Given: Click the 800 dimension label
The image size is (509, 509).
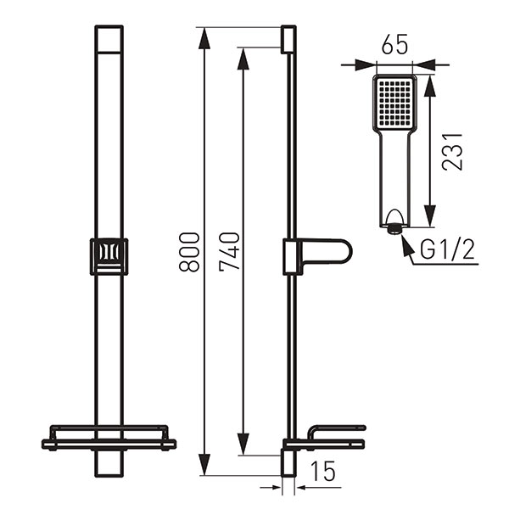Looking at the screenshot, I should [193, 251].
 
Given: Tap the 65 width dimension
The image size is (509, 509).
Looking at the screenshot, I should [393, 47].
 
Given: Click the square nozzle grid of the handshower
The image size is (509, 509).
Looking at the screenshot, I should [394, 102].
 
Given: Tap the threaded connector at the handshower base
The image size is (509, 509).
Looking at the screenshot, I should [393, 227].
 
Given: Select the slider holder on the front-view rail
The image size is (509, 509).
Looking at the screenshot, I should [109, 256].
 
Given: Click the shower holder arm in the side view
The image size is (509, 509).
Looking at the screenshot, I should [327, 254].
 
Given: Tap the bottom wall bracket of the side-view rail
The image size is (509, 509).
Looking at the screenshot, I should [288, 465].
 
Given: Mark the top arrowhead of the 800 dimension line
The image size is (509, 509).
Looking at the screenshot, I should [204, 34].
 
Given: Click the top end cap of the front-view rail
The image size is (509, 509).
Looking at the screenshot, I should [109, 38].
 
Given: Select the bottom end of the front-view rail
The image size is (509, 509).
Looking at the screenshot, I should [109, 466].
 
